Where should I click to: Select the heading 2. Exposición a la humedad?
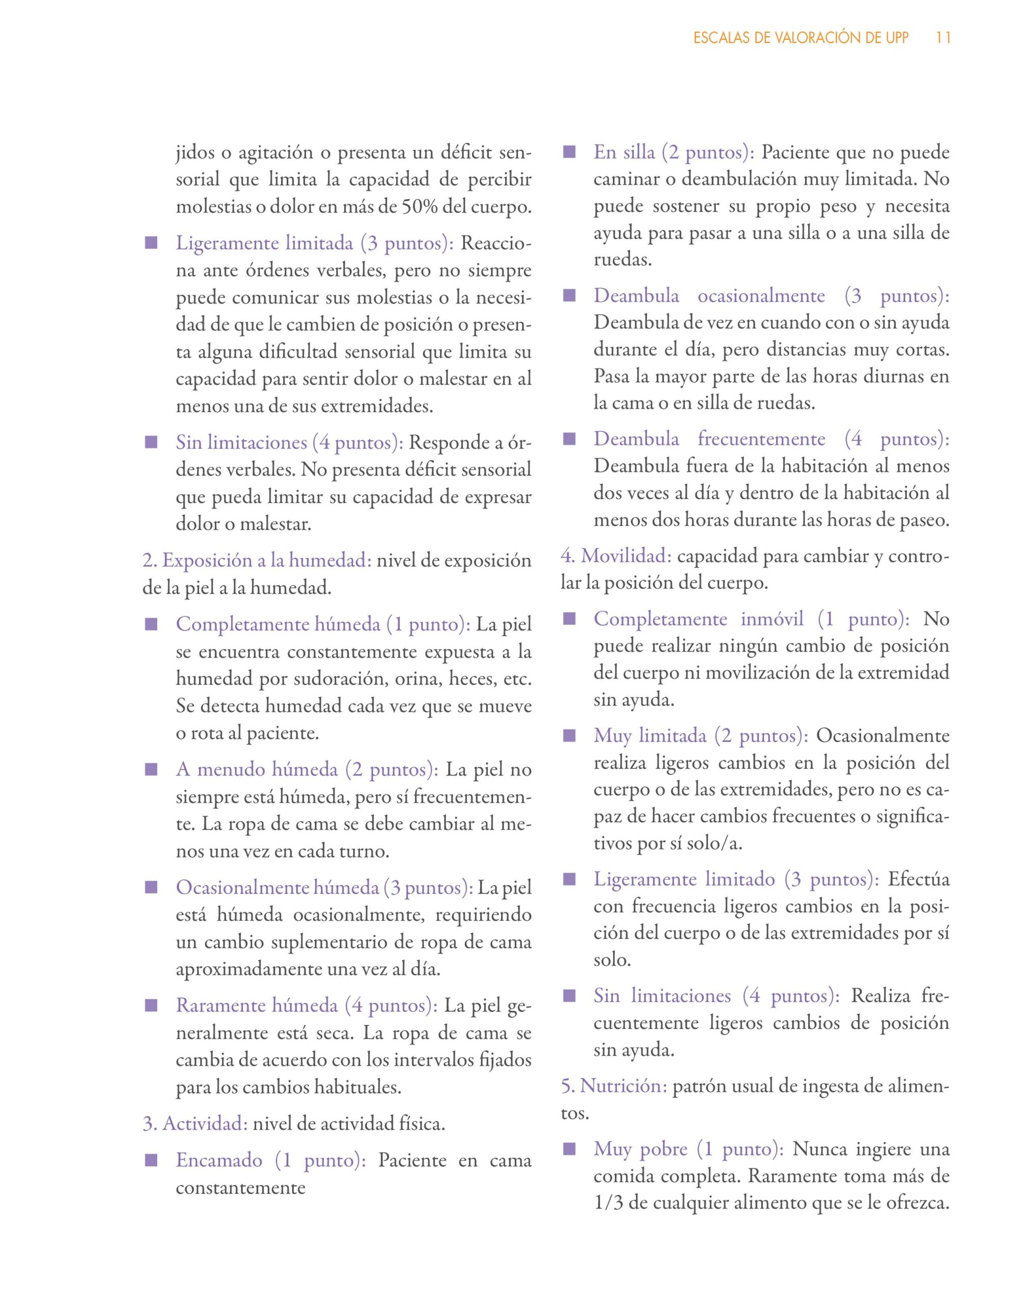point(257,560)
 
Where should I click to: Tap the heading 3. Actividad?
point(195,1124)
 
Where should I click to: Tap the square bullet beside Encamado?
point(151,1161)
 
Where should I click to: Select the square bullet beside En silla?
point(569,153)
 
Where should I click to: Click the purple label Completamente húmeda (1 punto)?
point(323,624)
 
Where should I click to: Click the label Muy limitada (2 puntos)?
point(701,736)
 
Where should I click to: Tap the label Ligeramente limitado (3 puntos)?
point(736,879)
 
